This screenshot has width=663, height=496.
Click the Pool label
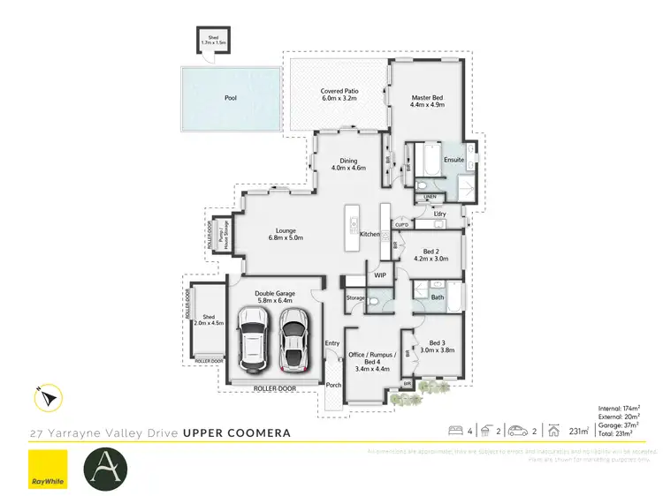[231, 98]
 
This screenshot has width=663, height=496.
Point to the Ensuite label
[454, 160]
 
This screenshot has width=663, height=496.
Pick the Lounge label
[286, 234]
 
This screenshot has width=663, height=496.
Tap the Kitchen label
[370, 234]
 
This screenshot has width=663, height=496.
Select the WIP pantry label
[380, 276]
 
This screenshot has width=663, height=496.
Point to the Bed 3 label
[438, 346]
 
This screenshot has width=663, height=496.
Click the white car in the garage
[255, 342]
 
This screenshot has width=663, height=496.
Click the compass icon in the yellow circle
[47, 399]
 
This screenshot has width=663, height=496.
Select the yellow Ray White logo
[49, 468]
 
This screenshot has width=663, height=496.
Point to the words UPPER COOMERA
[236, 433]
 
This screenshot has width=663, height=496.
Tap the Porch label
[334, 385]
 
